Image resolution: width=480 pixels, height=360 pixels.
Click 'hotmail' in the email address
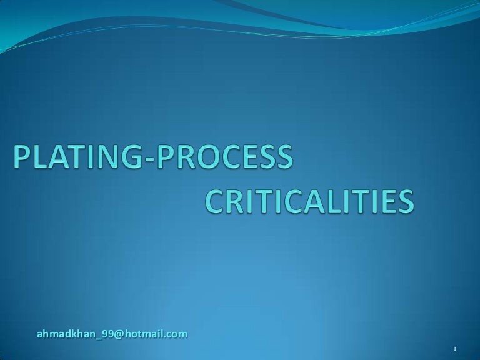tap(146, 334)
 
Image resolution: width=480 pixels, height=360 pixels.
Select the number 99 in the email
tap(107, 334)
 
